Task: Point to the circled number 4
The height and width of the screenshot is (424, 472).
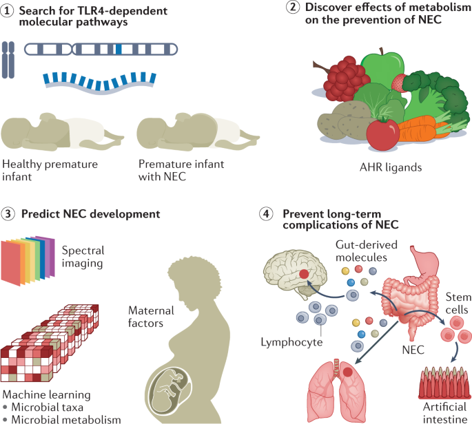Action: pos(272,214)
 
